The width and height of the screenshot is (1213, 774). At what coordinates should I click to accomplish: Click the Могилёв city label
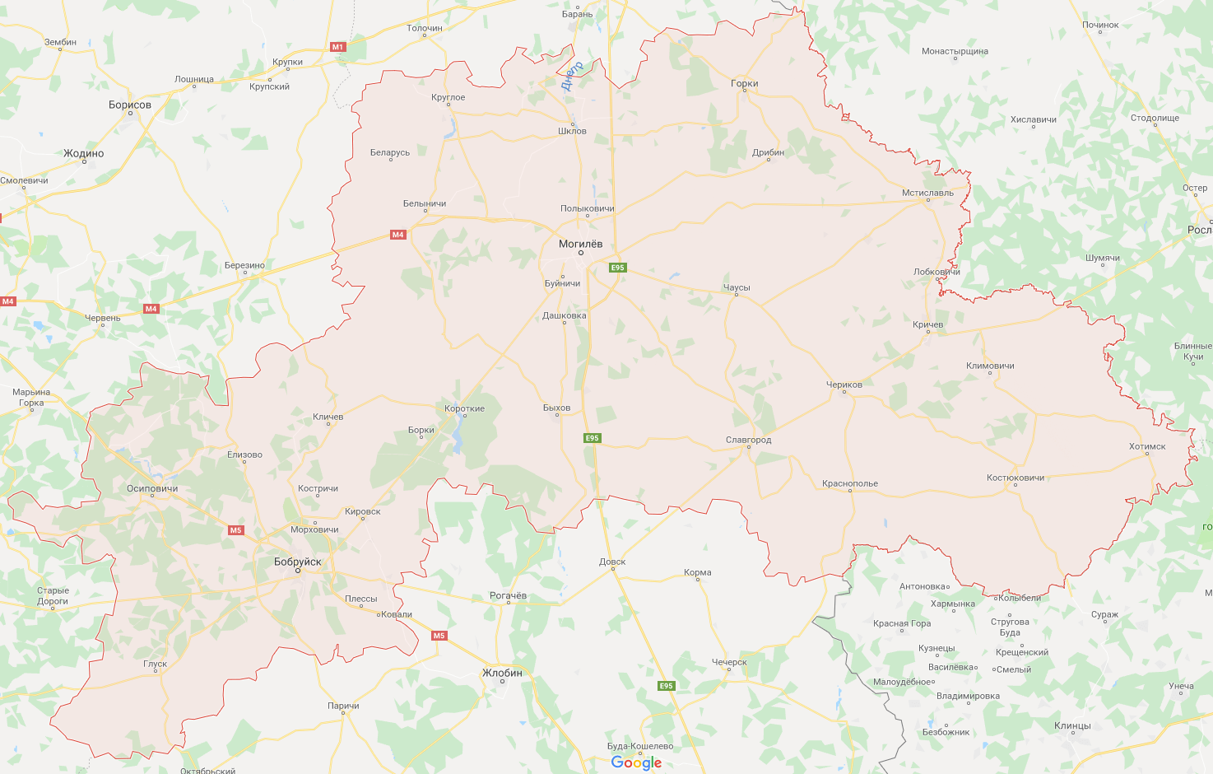click(x=580, y=244)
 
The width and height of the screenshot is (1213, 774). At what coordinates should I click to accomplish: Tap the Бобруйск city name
click(x=297, y=562)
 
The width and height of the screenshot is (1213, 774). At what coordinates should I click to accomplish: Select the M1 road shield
click(x=337, y=47)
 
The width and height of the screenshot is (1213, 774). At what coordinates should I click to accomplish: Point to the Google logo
click(x=636, y=762)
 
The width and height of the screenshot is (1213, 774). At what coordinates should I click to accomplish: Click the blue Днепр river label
click(x=571, y=75)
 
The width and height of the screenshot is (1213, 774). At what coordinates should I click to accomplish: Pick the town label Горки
click(x=744, y=83)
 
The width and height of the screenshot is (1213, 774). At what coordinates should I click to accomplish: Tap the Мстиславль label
click(x=927, y=193)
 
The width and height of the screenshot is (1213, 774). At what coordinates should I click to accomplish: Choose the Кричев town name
click(x=927, y=324)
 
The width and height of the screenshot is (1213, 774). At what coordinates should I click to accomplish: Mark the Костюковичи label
click(x=1015, y=478)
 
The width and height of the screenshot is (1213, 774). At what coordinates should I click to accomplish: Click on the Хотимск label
click(x=1147, y=446)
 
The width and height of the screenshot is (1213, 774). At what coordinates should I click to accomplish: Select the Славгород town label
click(x=748, y=440)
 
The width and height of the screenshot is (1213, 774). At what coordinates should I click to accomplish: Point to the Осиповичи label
click(x=152, y=488)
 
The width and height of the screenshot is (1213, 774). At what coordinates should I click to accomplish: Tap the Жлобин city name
click(x=502, y=673)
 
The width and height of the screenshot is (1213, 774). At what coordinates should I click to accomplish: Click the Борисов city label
click(x=130, y=105)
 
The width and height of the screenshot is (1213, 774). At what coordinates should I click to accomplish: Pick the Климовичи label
click(x=990, y=366)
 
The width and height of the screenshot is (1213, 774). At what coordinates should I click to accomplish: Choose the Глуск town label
click(x=155, y=664)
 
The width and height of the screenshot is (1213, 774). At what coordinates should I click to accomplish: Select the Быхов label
click(x=556, y=408)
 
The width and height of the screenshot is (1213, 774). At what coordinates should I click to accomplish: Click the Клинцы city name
click(x=1072, y=725)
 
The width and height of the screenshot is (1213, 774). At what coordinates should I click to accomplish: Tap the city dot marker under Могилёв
click(x=580, y=253)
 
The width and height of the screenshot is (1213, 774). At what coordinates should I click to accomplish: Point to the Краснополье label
click(x=849, y=483)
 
